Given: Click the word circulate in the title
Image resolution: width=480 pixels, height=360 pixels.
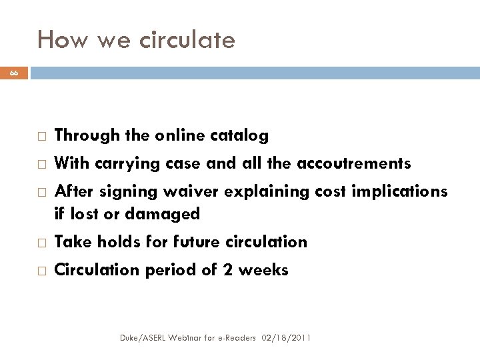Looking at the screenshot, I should [x=188, y=41].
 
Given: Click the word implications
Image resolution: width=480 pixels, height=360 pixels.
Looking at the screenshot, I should [x=398, y=191].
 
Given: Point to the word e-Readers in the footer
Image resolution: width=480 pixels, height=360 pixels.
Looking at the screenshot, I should [x=235, y=339].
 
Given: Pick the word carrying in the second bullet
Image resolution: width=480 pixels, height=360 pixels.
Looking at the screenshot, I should [x=124, y=164].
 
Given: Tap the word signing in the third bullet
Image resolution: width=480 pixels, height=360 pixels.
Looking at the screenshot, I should [x=125, y=192].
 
